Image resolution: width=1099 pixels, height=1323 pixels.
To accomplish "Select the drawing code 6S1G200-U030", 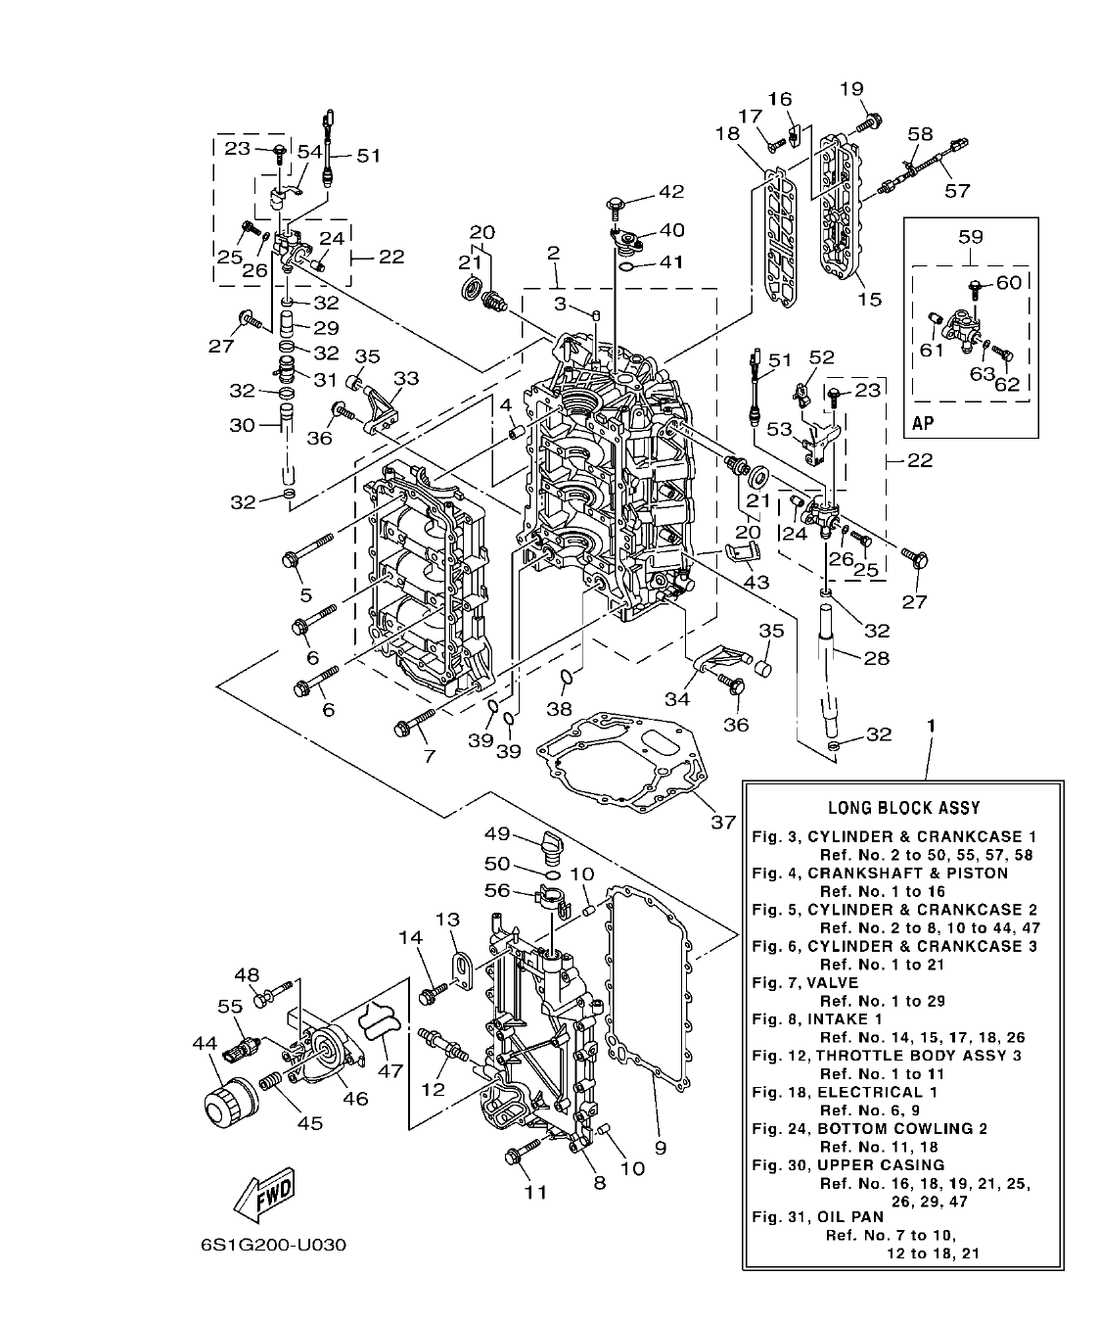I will point(273,1246).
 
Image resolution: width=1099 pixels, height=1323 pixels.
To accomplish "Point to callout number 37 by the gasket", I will point(722,822).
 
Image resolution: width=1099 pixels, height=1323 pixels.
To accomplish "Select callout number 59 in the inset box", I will point(970,236).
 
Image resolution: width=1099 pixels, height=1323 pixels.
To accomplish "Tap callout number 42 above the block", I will point(671,191).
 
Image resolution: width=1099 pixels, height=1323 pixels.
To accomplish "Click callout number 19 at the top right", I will point(852,89).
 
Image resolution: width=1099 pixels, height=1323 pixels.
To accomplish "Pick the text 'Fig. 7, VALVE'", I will point(804,982).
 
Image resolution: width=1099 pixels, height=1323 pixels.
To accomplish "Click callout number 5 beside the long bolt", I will point(305,594).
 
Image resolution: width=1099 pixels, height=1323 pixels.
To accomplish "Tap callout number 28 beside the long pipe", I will point(876,657).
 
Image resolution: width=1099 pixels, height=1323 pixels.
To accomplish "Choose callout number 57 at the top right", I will point(956,191).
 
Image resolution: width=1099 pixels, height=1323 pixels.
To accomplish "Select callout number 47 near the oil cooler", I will point(390,1070).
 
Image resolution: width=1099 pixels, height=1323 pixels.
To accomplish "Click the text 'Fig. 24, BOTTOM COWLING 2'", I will point(869,1128).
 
